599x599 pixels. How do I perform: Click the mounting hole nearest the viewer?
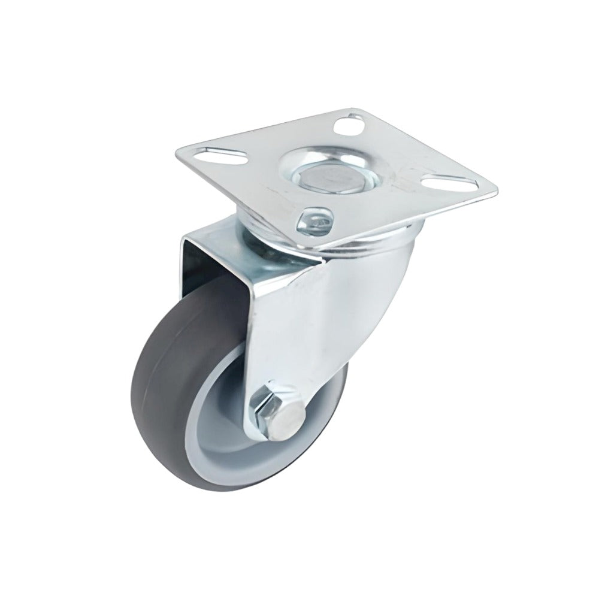coord(316,219)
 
